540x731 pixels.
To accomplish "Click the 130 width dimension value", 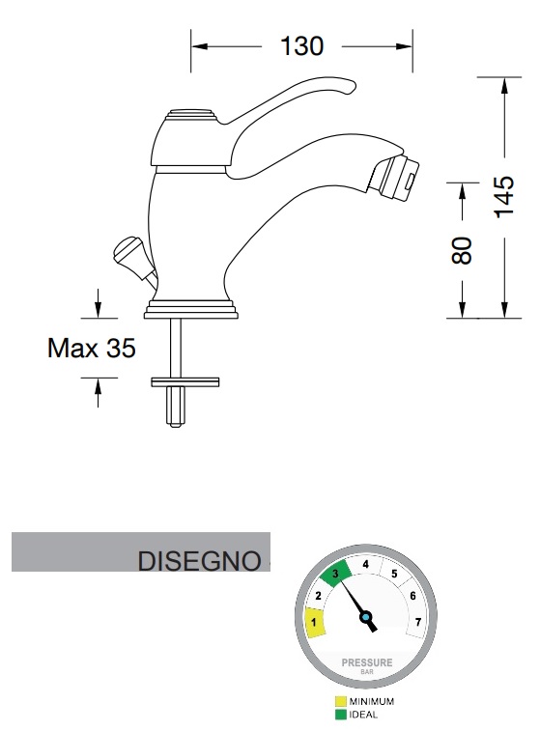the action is click(301, 46).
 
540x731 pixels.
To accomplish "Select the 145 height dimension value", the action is click(504, 197).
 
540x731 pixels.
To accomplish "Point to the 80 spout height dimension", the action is click(462, 251).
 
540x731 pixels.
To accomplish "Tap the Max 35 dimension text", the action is click(92, 348).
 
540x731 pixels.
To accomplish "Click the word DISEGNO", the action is click(200, 561).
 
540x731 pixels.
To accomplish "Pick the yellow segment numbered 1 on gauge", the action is click(315, 622).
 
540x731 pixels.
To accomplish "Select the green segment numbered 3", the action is click(336, 573).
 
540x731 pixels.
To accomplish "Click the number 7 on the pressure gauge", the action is click(418, 622).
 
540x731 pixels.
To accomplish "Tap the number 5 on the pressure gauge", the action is click(394, 574).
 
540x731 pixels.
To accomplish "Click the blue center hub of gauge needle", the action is click(366, 617).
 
